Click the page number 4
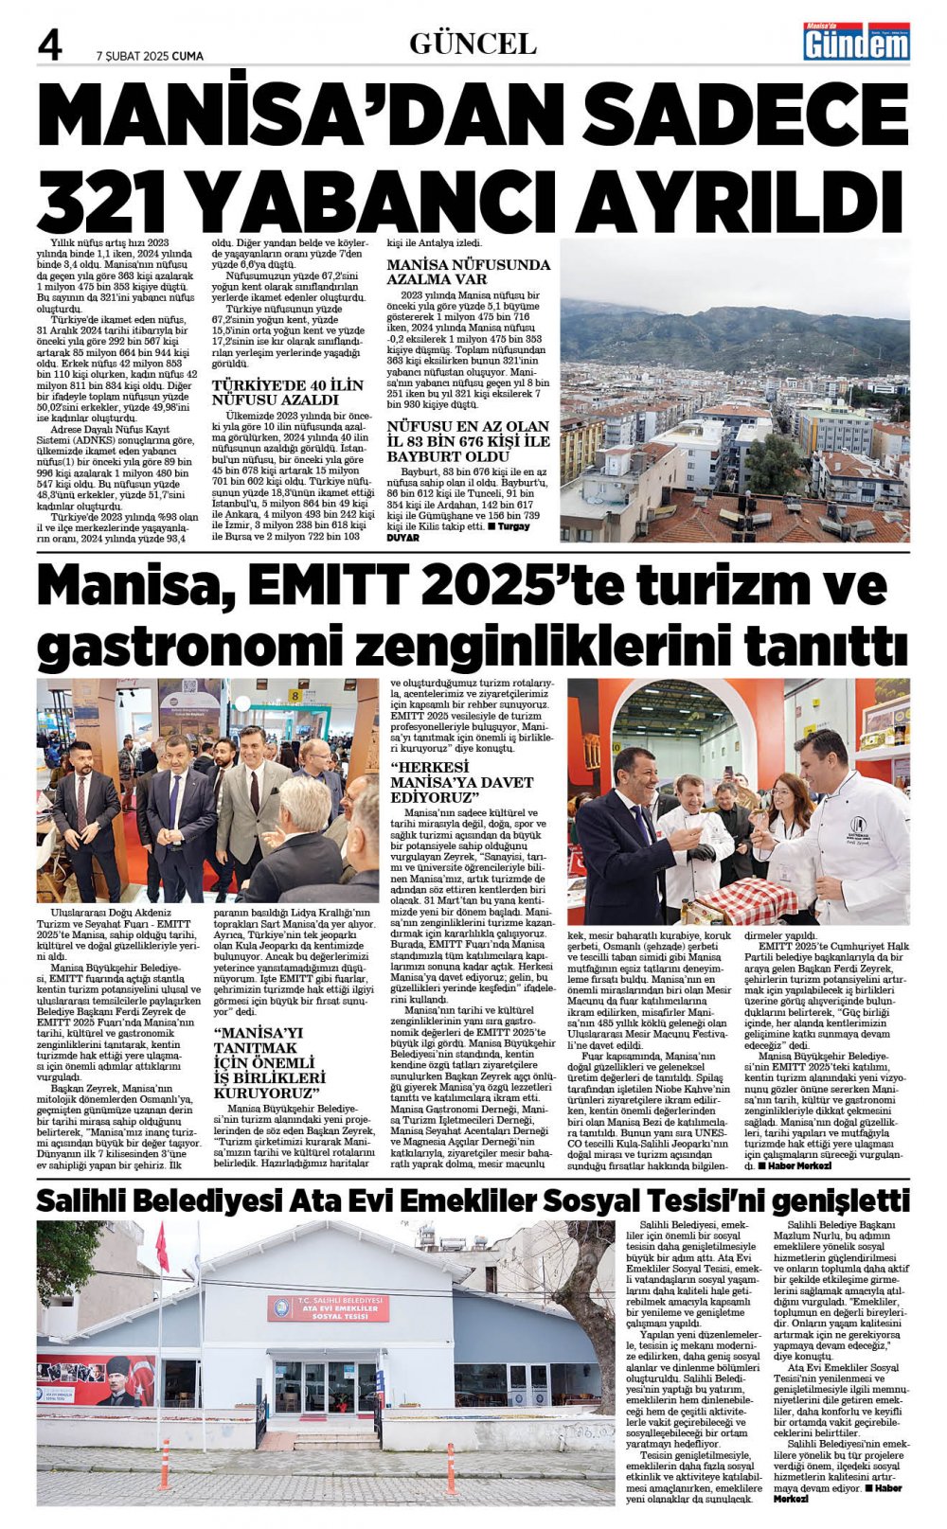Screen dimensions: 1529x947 [49, 45]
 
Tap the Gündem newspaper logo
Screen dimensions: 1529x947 [856, 42]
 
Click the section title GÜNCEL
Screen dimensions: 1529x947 [473, 44]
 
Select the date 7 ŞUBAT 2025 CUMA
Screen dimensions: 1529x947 [150, 56]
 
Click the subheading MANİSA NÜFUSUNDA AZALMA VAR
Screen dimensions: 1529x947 [468, 272]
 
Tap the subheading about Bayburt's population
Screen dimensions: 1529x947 [468, 442]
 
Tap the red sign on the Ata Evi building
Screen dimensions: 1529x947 [328, 1308]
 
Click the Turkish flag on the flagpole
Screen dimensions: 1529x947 [161, 1248]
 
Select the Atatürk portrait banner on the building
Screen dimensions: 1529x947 [97, 1380]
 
